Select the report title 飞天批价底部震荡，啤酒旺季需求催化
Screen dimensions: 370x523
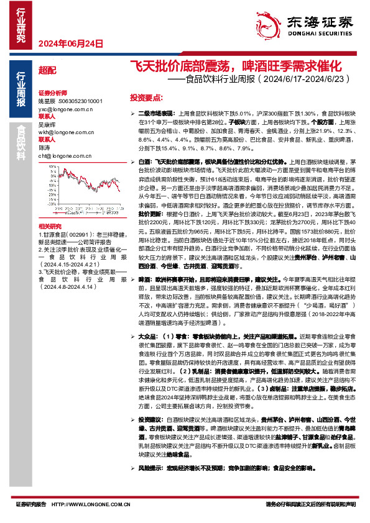coord(236,66)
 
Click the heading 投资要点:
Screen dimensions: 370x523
coord(146,98)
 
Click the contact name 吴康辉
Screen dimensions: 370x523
coord(45,124)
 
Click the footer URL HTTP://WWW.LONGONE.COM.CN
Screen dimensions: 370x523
coord(87,504)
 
